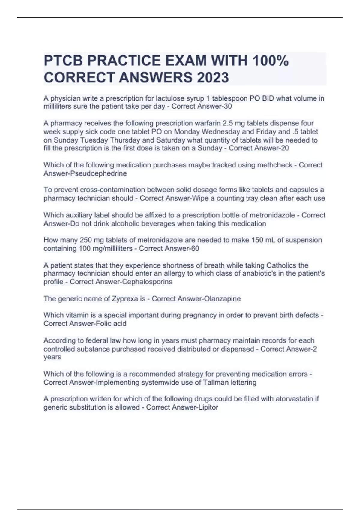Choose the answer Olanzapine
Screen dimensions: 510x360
click(x=222, y=299)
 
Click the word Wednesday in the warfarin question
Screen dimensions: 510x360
click(x=222, y=132)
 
